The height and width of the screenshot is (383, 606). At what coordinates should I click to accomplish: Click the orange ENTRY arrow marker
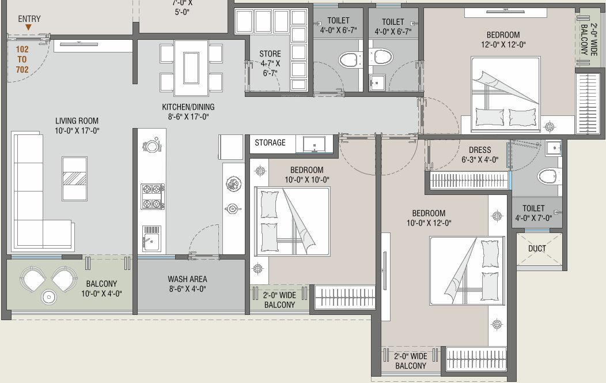point(29,27)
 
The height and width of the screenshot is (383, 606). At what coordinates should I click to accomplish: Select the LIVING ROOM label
point(77,126)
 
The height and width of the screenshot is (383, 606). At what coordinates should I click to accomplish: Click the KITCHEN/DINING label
point(185,112)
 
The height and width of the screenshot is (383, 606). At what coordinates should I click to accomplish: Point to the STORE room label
point(270,63)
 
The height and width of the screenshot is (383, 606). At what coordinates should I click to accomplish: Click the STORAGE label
point(270,142)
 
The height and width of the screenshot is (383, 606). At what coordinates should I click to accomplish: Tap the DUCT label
point(537,249)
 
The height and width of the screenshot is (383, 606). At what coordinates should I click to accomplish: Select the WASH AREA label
point(187,284)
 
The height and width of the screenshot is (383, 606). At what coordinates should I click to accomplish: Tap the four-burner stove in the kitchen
point(153,197)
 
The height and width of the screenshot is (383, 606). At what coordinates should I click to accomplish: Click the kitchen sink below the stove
point(151,237)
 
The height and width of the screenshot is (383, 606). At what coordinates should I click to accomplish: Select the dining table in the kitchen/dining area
point(191,67)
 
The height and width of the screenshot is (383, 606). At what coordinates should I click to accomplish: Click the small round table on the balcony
point(50,297)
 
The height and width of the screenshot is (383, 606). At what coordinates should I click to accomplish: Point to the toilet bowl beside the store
point(347,58)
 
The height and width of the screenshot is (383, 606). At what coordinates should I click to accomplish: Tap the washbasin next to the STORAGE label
point(315,144)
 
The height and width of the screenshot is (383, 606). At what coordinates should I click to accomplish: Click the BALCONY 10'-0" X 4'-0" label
point(101,288)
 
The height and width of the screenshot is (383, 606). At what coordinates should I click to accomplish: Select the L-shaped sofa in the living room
point(35,196)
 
